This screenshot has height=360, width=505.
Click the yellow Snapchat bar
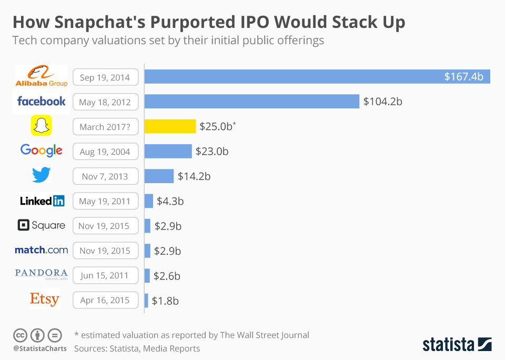[x=170, y=126]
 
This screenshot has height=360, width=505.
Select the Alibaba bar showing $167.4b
[x=317, y=77]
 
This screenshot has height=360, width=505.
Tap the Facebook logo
[x=42, y=101]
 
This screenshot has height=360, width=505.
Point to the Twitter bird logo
[x=41, y=175]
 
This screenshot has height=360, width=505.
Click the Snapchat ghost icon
[x=41, y=126]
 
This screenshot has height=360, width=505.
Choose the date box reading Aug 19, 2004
[x=105, y=152]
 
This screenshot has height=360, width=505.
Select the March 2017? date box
[x=105, y=127]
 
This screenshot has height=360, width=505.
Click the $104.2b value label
[x=382, y=102]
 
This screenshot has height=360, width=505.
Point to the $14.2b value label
[x=194, y=176]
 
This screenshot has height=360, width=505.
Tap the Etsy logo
[x=44, y=299]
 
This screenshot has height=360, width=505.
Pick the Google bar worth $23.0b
[x=168, y=152]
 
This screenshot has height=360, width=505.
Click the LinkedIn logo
[x=42, y=201]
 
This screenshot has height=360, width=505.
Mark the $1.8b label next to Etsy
[x=165, y=301]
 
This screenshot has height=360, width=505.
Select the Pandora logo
[x=41, y=273]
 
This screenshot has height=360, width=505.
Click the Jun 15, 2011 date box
[x=105, y=275]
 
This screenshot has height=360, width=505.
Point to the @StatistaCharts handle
[x=40, y=348]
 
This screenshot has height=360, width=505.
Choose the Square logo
[x=42, y=225]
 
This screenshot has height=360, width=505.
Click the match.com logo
[x=41, y=250]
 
